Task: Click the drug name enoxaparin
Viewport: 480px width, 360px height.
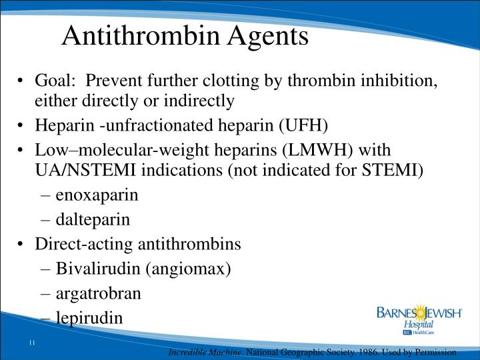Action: (x=97, y=195)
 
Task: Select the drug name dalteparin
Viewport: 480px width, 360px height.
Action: (x=93, y=219)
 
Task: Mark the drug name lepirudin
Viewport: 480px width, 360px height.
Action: (x=89, y=317)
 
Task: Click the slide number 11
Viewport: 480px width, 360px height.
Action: (x=31, y=343)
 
